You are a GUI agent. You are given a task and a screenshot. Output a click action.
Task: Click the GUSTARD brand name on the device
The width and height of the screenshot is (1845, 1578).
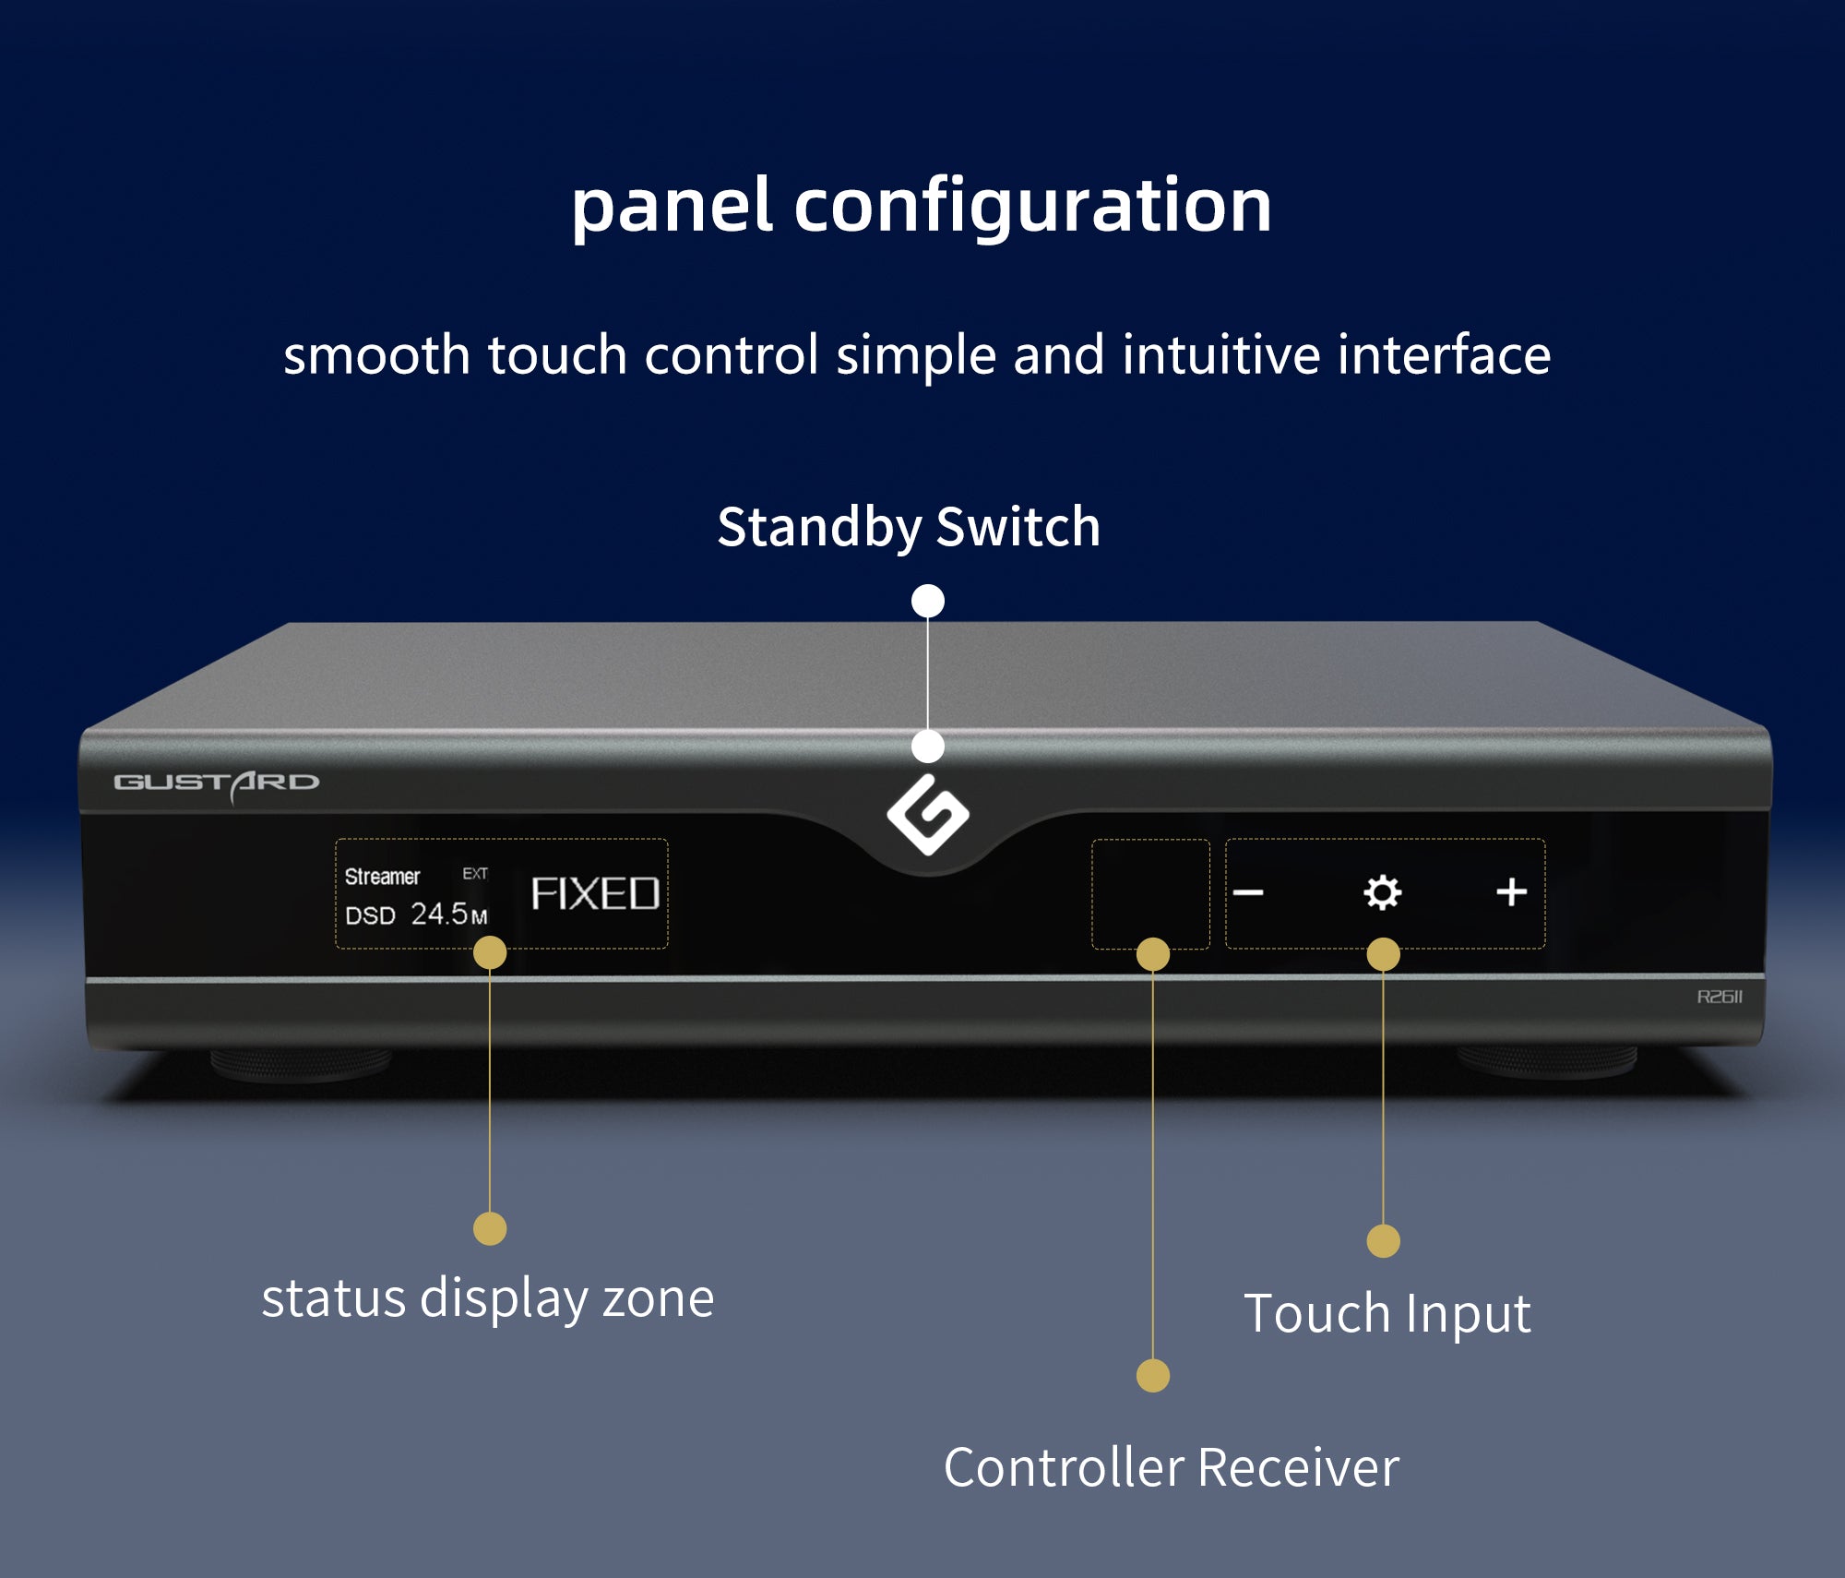pyautogui.click(x=216, y=783)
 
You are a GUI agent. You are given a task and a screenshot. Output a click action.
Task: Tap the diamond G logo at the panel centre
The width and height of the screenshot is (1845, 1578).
pyautogui.click(x=928, y=814)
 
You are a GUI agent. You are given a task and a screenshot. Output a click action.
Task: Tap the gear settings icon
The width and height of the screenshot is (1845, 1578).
pyautogui.click(x=1382, y=892)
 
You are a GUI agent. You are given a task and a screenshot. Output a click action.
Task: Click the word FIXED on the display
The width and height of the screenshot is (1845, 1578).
pyautogui.click(x=595, y=894)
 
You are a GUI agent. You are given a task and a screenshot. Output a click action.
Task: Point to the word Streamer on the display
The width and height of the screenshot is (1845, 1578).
pyautogui.click(x=382, y=877)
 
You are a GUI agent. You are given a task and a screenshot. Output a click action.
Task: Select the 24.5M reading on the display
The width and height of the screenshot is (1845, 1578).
pyautogui.click(x=448, y=914)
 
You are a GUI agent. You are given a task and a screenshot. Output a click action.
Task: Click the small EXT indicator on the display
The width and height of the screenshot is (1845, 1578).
pyautogui.click(x=475, y=873)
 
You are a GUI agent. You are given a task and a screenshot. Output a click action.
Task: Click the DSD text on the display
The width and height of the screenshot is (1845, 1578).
pyautogui.click(x=370, y=915)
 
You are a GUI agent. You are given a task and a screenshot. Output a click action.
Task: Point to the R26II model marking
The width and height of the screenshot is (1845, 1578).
pyautogui.click(x=1720, y=997)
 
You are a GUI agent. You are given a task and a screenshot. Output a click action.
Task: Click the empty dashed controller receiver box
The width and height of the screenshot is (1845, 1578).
pyautogui.click(x=1150, y=893)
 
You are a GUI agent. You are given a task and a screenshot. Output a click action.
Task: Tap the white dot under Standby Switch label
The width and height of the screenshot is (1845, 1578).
pyautogui.click(x=928, y=601)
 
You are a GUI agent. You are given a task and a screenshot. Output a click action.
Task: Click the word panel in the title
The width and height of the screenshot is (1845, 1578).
pyautogui.click(x=671, y=206)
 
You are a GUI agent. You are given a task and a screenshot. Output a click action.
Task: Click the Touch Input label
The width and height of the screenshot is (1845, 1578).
pyautogui.click(x=1387, y=1314)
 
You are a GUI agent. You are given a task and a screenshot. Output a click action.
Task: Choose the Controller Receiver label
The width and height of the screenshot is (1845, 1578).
pyautogui.click(x=1171, y=1467)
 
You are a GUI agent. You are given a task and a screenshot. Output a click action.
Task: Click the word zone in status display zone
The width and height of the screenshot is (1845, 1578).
pyautogui.click(x=658, y=1299)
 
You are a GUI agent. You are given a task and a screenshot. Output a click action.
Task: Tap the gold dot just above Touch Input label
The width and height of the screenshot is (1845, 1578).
pyautogui.click(x=1383, y=1241)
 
